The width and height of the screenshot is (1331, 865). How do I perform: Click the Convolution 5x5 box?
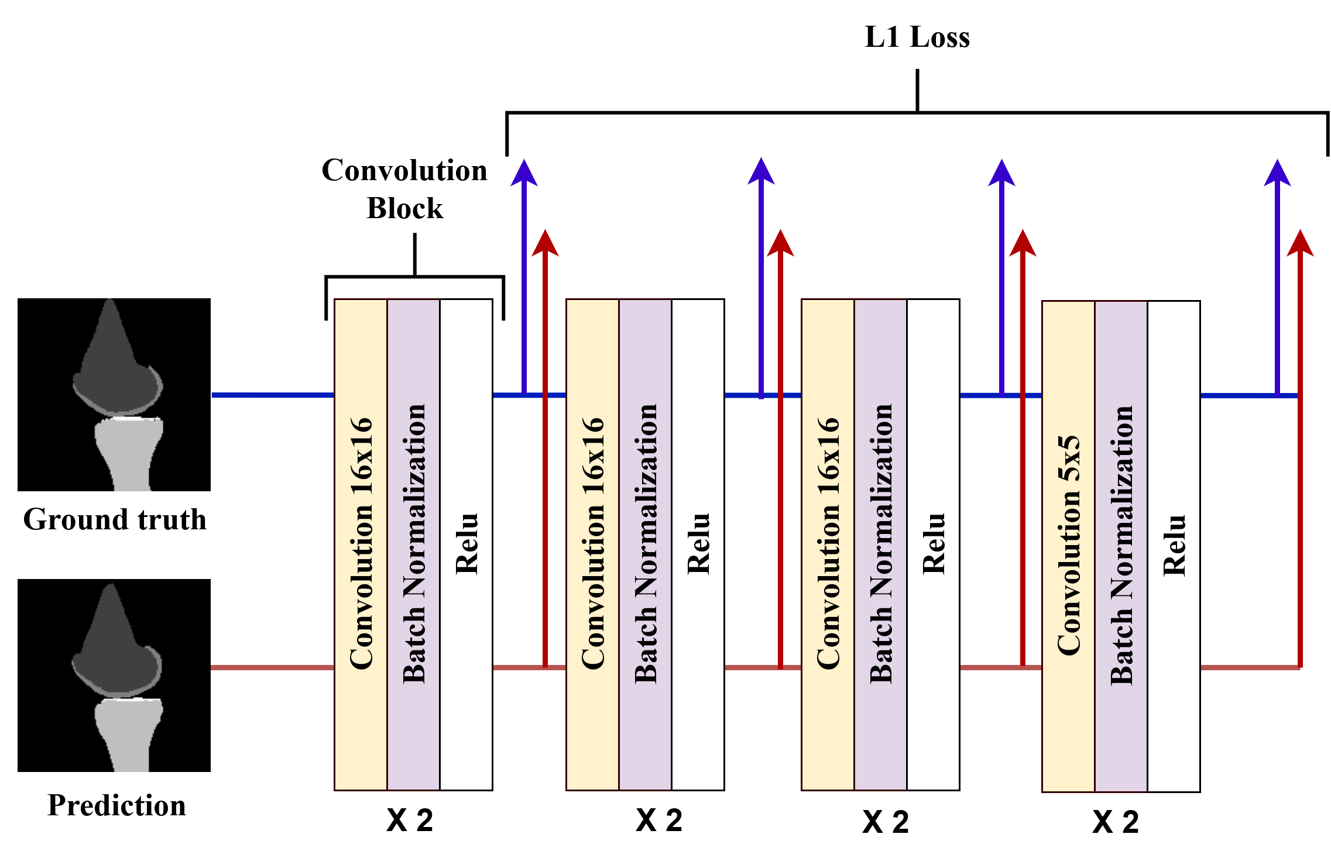click(1068, 546)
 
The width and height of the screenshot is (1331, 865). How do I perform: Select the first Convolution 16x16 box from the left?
click(361, 544)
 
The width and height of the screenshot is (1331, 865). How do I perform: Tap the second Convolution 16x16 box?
click(592, 544)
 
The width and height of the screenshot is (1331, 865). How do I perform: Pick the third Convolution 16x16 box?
click(828, 544)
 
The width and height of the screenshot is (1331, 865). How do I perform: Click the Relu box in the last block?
click(1174, 546)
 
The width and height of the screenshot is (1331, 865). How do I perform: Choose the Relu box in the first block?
click(466, 544)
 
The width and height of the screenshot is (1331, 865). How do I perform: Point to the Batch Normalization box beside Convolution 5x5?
click(1121, 546)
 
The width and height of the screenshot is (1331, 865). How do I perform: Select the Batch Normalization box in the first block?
click(413, 544)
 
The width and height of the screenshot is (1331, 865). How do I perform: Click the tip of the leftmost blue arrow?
click(524, 161)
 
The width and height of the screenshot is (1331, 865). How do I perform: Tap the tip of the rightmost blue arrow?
click(1277, 161)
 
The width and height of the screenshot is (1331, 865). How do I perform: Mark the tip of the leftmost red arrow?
click(545, 231)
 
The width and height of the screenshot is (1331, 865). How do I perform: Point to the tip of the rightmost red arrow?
click(1300, 231)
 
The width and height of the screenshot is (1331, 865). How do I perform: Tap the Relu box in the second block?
click(698, 544)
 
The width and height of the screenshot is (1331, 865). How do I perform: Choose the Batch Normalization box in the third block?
click(880, 544)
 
